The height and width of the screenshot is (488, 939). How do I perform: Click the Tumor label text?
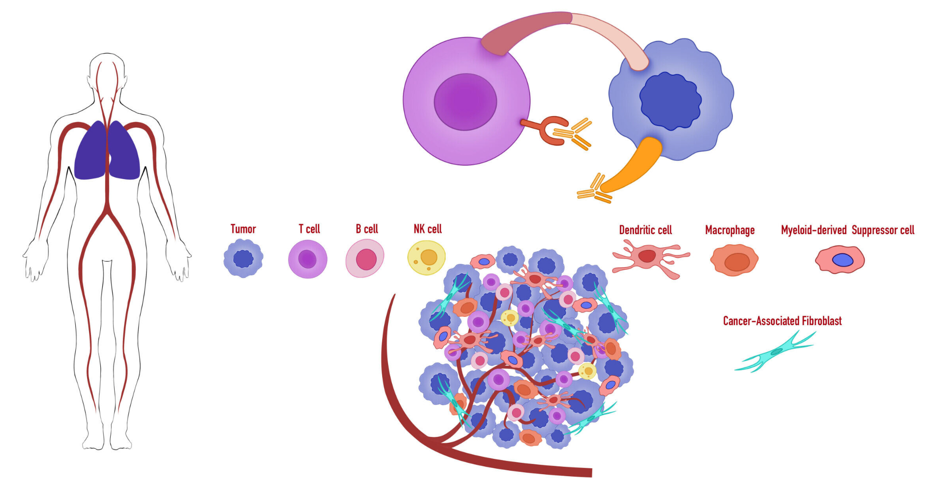(243, 229)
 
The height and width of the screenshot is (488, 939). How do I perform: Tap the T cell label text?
(309, 229)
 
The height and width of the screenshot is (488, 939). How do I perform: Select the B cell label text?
(367, 229)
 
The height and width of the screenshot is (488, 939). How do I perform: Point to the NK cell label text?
(427, 229)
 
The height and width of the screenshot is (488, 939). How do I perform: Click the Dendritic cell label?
(645, 230)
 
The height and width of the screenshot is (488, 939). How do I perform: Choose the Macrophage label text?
(729, 230)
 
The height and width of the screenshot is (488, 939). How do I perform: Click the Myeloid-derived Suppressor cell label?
(848, 230)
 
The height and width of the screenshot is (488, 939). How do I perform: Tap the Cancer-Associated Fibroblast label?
(782, 321)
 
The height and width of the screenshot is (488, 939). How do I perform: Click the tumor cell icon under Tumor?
(243, 259)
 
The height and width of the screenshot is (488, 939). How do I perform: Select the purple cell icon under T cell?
(307, 259)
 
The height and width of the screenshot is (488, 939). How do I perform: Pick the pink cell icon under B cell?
(365, 259)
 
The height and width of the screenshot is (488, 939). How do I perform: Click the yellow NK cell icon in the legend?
(426, 257)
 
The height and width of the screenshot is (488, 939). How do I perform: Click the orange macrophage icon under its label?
(734, 261)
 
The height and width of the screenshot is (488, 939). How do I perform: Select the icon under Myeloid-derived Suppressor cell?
(840, 260)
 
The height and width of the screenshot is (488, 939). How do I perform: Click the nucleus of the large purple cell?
(465, 102)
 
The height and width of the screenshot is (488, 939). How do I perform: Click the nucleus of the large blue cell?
(670, 101)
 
